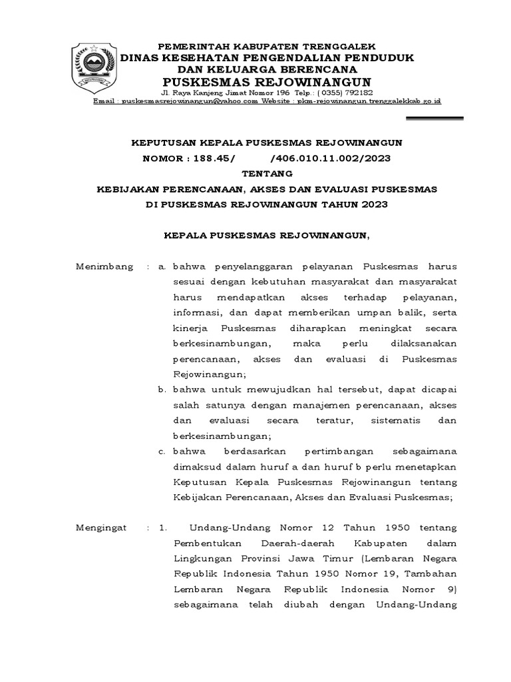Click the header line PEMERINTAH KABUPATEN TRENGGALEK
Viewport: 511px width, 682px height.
[266, 46]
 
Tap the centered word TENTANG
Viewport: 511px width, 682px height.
[267, 173]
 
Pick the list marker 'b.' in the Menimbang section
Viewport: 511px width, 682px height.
[162, 389]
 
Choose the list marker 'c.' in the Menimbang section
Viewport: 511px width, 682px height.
[162, 452]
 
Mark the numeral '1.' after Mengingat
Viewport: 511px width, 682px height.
[163, 528]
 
